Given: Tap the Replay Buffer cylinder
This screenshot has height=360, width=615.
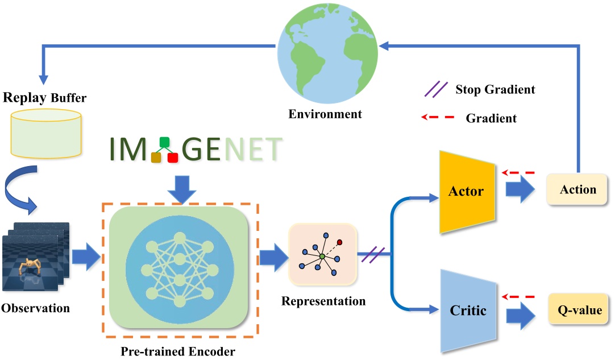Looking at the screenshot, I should [x=45, y=134].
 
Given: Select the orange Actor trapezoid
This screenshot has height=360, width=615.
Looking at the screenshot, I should [x=466, y=191].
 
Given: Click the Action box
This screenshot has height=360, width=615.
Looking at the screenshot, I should [x=578, y=189].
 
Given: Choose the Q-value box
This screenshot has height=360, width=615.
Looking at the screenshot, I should [x=578, y=311].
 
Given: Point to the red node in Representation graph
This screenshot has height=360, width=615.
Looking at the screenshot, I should [x=340, y=242].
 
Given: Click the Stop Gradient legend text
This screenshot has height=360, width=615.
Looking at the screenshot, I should [x=495, y=89].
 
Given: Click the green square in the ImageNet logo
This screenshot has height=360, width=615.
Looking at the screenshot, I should [x=165, y=142].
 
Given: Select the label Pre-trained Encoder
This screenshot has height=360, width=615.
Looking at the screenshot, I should [x=178, y=350].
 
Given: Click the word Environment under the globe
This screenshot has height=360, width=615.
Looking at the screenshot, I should [x=325, y=114].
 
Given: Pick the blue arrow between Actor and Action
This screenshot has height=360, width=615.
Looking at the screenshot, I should [x=520, y=191].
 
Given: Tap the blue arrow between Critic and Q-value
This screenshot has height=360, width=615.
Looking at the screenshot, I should [x=520, y=312].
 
